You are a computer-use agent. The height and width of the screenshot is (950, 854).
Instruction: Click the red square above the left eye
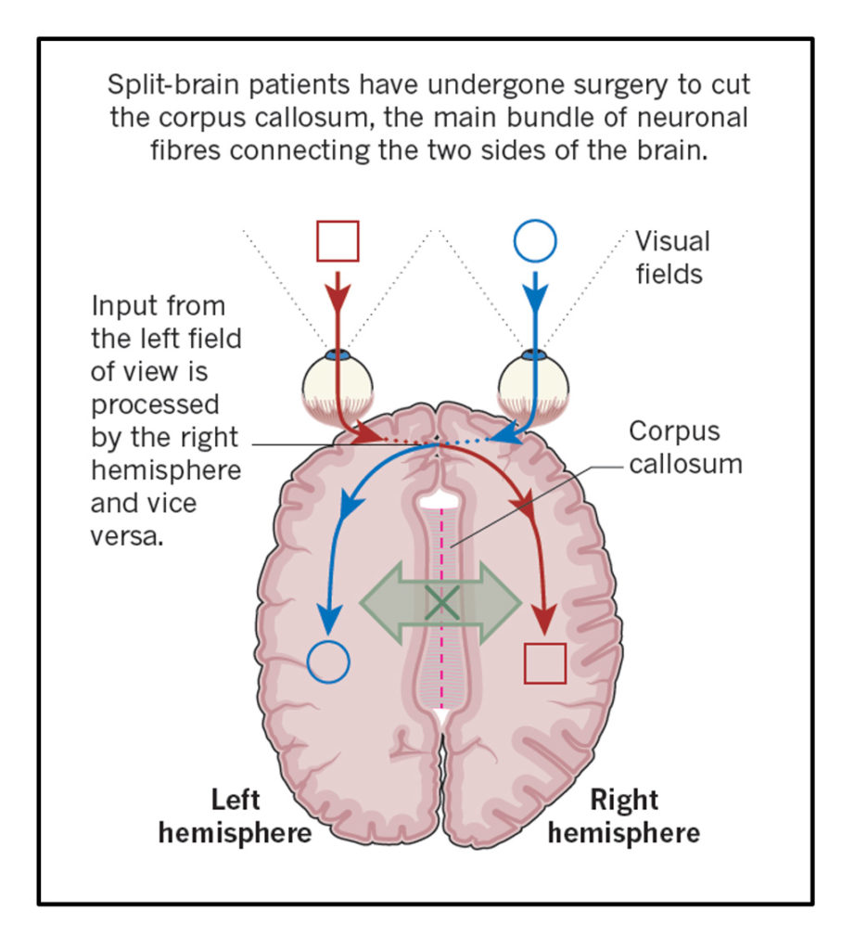(338, 241)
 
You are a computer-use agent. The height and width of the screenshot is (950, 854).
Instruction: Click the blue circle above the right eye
(535, 242)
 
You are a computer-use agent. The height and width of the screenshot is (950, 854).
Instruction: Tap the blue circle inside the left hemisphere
(328, 661)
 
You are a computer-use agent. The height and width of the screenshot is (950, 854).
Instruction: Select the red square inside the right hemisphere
(544, 662)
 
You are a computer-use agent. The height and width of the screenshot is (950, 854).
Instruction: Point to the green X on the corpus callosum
(441, 604)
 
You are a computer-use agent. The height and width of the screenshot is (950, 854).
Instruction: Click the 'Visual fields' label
(672, 257)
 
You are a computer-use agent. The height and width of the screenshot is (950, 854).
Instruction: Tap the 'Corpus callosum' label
(685, 446)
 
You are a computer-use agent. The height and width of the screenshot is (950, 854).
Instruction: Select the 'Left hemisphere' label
(235, 815)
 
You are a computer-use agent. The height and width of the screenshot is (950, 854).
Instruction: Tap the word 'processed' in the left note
(155, 404)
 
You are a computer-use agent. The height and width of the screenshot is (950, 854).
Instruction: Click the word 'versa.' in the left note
(127, 536)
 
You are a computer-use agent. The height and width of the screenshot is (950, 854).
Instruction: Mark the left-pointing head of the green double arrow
(375, 604)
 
